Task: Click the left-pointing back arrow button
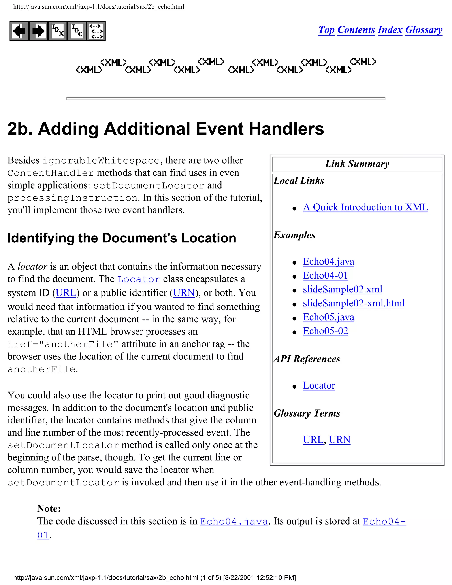click(x=19, y=31)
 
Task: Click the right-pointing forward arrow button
click(x=38, y=31)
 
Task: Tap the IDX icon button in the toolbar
click(x=58, y=31)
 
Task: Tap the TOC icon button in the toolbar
click(x=77, y=31)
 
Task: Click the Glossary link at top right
click(x=424, y=30)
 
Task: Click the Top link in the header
click(x=326, y=30)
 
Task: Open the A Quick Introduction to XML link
click(x=365, y=207)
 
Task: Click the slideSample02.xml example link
click(x=343, y=289)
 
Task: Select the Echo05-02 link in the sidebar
click(x=325, y=331)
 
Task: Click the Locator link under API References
click(x=319, y=385)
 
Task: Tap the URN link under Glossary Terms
click(x=339, y=440)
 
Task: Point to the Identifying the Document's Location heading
click(x=122, y=238)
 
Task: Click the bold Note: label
click(x=49, y=508)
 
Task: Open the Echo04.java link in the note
click(x=234, y=521)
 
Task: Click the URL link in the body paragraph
click(x=66, y=293)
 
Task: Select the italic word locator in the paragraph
click(x=32, y=266)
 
